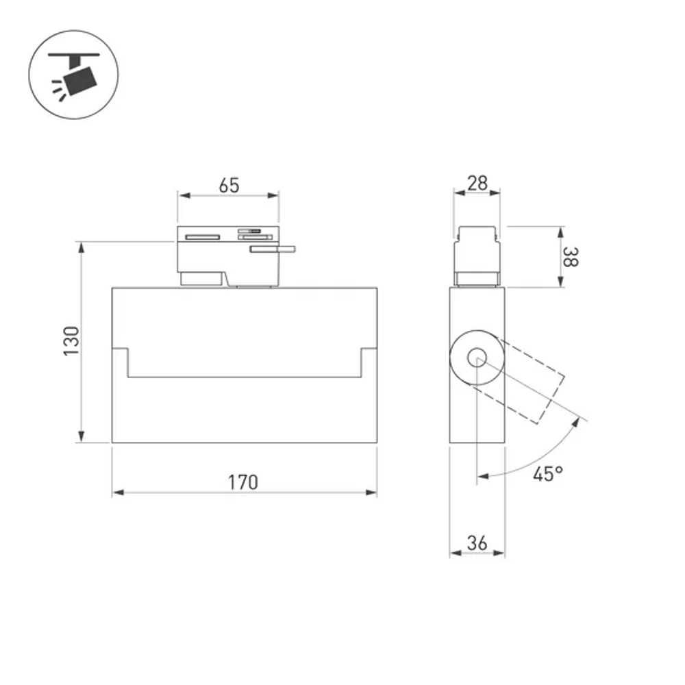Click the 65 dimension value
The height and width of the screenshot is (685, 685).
pos(229,186)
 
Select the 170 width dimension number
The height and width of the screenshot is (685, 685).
pos(243,482)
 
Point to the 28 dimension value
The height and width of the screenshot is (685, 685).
pos(477,183)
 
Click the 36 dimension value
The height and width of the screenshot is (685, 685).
pos(477,543)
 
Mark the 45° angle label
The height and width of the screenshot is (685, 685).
pos(548,473)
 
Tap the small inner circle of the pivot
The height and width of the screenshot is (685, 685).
pos(477,357)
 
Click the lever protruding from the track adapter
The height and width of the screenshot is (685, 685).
pos(273,249)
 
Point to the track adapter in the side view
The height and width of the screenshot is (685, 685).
pos(477,255)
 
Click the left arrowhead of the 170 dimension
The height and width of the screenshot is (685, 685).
pos(117,493)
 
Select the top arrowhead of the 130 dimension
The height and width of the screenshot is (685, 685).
pos(82,246)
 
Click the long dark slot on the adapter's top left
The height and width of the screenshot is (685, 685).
pos(201,237)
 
